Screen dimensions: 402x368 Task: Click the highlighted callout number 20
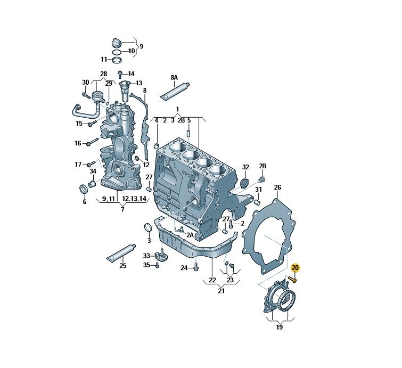[295, 268]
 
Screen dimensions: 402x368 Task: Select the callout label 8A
[174, 77]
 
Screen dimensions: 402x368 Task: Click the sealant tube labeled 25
[121, 252]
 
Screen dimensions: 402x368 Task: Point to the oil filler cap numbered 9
[117, 43]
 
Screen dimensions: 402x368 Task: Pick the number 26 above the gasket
[277, 187]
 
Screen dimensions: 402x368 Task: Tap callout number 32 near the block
[245, 167]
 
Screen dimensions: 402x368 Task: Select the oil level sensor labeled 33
[160, 256]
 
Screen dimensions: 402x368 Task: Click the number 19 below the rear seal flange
[280, 327]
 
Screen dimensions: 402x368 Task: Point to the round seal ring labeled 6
[84, 189]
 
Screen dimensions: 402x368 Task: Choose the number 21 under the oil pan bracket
[221, 291]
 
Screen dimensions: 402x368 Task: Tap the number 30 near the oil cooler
[85, 82]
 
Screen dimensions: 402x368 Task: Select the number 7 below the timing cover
[122, 209]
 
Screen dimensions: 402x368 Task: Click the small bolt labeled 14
[120, 74]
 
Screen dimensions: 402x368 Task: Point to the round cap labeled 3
[149, 228]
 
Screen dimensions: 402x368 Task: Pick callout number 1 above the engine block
[178, 109]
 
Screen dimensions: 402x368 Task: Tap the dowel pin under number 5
[188, 134]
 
